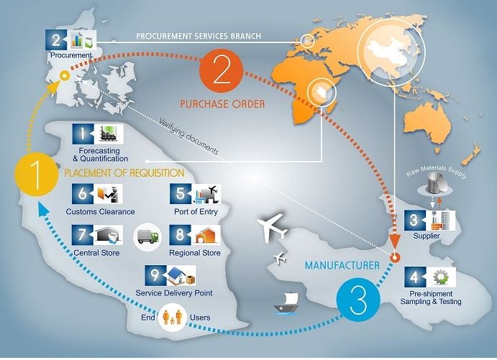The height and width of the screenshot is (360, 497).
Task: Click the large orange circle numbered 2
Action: [222, 70]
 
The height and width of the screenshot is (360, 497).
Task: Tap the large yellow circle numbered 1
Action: [37, 174]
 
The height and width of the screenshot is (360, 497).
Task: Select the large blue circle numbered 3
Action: [358, 300]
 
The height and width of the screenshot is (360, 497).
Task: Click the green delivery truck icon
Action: [147, 236]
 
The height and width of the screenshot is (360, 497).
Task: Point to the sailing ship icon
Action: [286, 303]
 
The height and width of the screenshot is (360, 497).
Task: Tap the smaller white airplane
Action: [281, 258]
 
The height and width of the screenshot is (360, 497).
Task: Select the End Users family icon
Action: [173, 317]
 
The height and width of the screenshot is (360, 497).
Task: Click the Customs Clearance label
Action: [100, 211]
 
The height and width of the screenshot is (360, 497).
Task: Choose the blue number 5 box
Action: [181, 194]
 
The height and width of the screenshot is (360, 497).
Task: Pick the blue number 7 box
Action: [83, 235]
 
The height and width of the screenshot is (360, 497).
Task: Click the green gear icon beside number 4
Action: [441, 277]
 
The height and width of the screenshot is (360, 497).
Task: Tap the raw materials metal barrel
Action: [435, 183]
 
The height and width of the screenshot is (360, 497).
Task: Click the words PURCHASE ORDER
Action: [222, 104]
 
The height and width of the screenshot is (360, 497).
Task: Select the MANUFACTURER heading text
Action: [342, 265]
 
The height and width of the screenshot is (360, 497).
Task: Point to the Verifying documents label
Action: [189, 136]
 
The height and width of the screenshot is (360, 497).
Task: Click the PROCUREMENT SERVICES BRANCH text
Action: [199, 36]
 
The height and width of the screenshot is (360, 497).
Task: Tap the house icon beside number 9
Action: [177, 274]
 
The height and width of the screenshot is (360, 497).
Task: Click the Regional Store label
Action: [195, 253]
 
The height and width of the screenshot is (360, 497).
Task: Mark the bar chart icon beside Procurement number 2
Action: [78, 40]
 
